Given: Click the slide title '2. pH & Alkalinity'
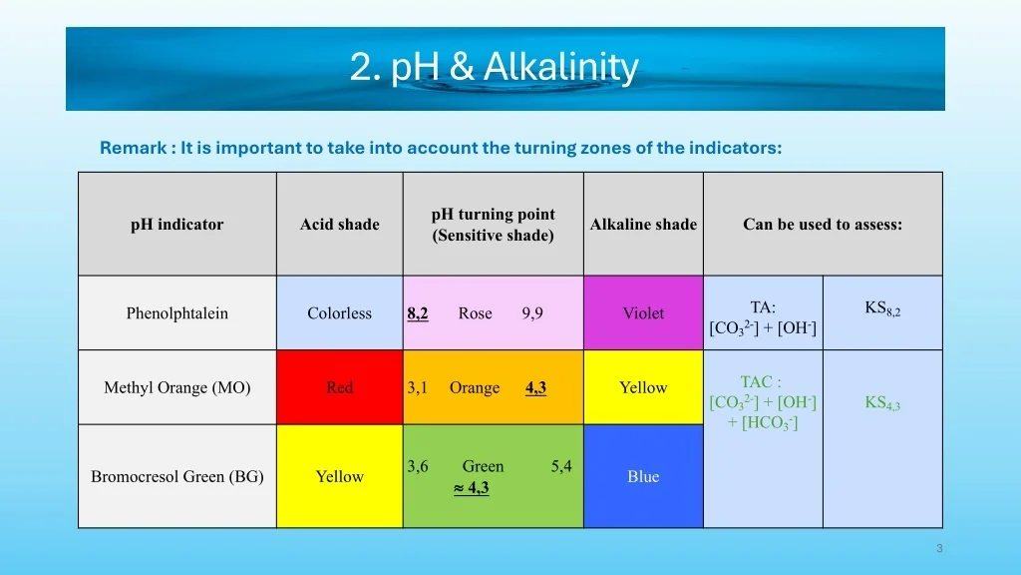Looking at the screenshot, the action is click(495, 67).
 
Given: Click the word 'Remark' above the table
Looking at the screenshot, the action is click(134, 148).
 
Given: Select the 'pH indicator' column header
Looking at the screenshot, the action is click(177, 225).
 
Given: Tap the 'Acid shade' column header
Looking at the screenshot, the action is click(339, 225).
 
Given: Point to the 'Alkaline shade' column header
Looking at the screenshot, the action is click(643, 225).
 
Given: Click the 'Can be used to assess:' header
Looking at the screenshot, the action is click(823, 225).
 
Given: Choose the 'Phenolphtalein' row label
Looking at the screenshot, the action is click(177, 312).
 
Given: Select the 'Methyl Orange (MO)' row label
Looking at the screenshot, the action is click(177, 387).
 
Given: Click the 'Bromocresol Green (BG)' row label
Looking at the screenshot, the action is click(177, 476).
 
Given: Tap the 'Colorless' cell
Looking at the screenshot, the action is click(339, 312).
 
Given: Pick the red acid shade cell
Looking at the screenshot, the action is click(339, 387).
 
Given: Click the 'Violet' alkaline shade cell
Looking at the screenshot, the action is click(643, 312).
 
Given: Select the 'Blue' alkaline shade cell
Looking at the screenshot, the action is click(643, 476).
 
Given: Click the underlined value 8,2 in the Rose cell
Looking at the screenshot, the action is click(418, 313).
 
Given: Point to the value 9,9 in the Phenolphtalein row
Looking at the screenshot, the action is click(532, 313).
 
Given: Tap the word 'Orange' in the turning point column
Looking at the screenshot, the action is click(475, 388).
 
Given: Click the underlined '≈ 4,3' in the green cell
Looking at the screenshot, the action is click(472, 487).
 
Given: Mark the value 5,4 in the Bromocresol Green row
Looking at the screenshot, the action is click(561, 466).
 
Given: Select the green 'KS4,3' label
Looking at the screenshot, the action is click(882, 403).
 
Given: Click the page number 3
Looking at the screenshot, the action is click(939, 548).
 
